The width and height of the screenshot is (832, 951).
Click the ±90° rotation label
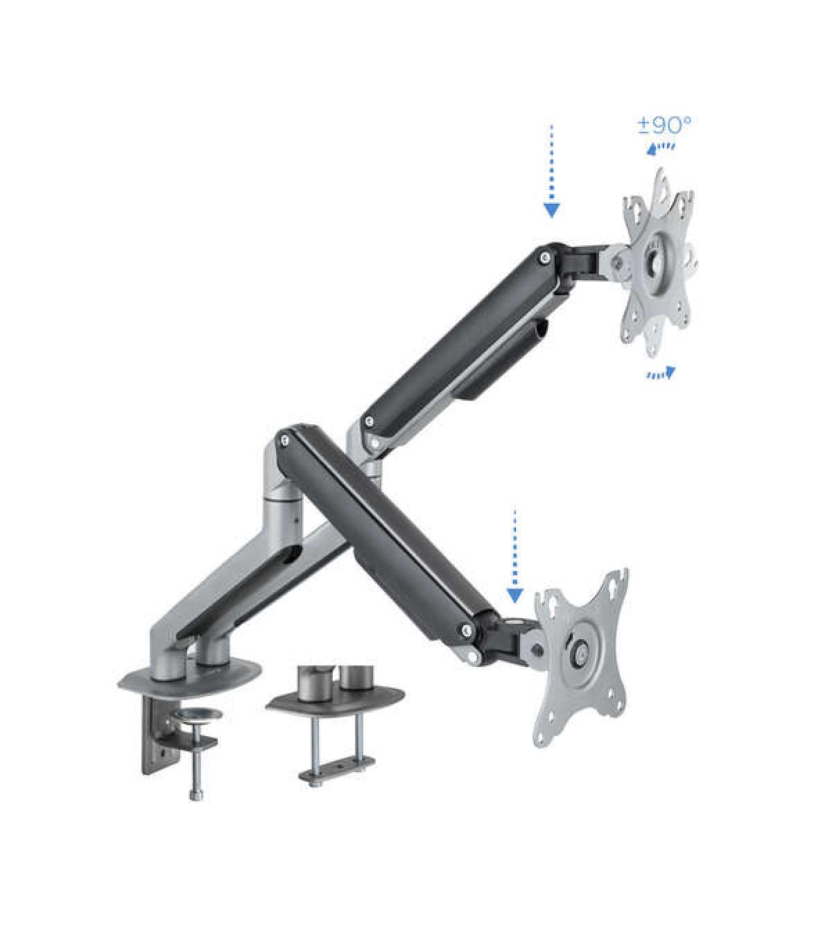click(x=664, y=125)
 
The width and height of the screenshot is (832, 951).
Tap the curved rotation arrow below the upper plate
click(x=661, y=373)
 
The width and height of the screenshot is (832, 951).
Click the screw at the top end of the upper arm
click(x=546, y=256)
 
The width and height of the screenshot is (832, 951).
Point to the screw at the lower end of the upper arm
click(x=369, y=420)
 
